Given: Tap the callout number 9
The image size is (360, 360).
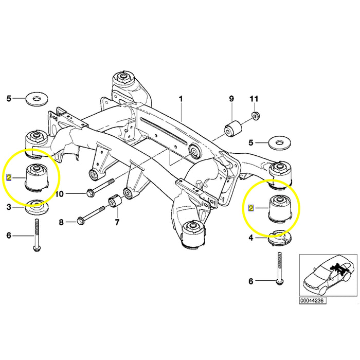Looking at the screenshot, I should pyautogui.click(x=231, y=98).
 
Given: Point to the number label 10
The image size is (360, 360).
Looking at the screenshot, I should pyautogui.click(x=60, y=194).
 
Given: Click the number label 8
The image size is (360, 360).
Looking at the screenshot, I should pyautogui.click(x=61, y=222).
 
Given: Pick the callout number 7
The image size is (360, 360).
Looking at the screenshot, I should pyautogui.click(x=117, y=222).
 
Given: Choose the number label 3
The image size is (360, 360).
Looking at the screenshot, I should pyautogui.click(x=8, y=207).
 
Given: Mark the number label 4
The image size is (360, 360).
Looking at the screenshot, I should pyautogui.click(x=250, y=238).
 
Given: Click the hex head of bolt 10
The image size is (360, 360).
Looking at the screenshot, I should pyautogui.click(x=91, y=193).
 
